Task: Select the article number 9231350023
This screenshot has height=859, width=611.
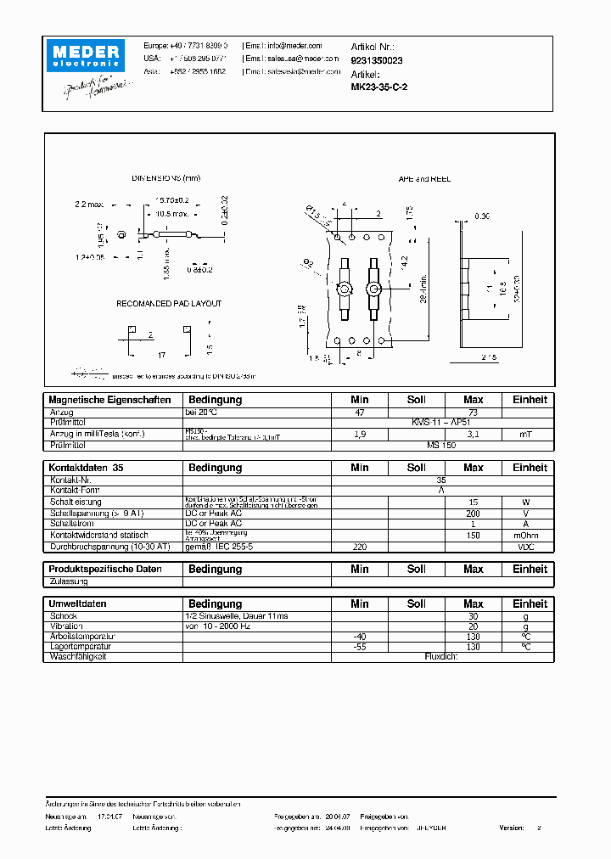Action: tap(377, 61)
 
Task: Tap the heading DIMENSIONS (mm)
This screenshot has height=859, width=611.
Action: tap(166, 178)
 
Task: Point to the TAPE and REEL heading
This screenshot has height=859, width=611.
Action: tap(424, 179)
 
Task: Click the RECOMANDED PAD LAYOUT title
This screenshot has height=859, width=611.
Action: tap(169, 303)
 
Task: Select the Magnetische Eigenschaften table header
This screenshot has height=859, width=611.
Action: tap(109, 400)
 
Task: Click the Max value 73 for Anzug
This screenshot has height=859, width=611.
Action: tap(473, 412)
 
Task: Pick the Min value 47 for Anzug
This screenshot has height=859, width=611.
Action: tap(359, 412)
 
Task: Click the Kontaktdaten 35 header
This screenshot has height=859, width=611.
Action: tap(86, 468)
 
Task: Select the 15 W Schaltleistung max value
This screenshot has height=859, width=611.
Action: tap(473, 502)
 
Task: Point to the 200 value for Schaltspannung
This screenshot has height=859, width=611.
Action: tap(473, 514)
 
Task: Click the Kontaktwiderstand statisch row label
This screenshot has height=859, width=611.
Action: tap(98, 536)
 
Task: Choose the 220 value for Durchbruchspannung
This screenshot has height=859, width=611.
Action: tap(359, 547)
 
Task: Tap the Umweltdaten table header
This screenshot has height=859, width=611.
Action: tap(78, 604)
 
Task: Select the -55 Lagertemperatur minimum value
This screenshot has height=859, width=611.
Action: tap(359, 647)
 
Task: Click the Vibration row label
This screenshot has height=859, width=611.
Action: tap(69, 626)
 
